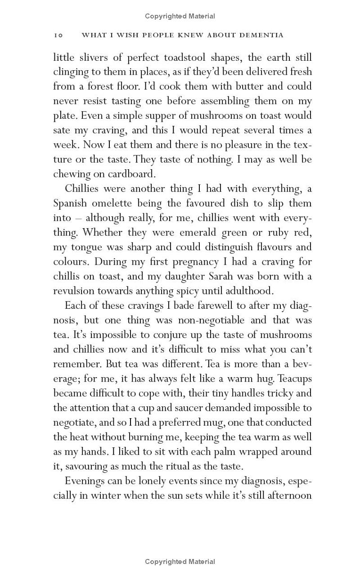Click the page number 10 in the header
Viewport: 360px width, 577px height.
[x=58, y=35]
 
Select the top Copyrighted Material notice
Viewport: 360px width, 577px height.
[x=180, y=16]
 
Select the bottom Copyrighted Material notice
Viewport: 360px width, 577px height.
[x=180, y=561]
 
